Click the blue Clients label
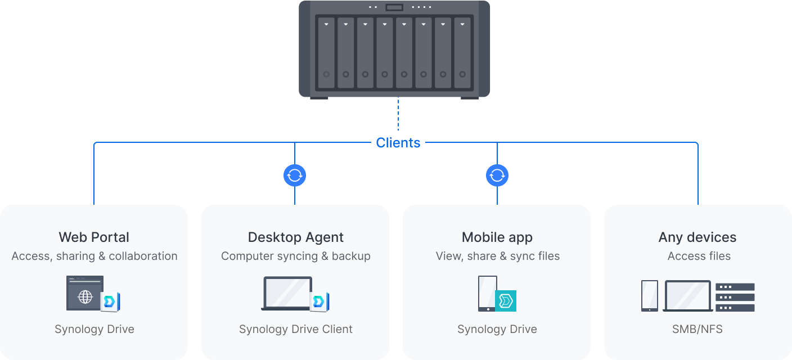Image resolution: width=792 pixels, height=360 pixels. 398,143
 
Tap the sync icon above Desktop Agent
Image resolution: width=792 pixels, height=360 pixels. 295,176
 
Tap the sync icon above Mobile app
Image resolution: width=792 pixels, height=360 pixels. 497,176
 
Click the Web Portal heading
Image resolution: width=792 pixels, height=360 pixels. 94,237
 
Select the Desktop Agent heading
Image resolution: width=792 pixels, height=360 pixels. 295,237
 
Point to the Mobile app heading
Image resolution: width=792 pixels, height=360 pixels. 497,237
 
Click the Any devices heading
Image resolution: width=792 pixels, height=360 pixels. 697,237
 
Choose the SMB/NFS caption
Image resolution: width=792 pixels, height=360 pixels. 697,329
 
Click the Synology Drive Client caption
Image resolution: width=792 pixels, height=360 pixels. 295,329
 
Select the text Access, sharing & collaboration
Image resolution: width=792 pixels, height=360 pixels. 94,256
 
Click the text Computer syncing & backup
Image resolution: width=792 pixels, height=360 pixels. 295,256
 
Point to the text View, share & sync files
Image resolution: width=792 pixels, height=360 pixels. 497,256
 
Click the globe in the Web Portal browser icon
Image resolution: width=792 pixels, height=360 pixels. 85,296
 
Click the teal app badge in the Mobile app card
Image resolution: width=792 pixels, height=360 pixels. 506,301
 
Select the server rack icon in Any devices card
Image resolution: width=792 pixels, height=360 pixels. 735,297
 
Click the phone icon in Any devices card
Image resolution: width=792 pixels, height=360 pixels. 649,295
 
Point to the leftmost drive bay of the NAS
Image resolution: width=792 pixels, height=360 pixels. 326,53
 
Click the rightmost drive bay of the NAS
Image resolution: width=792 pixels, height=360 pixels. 462,53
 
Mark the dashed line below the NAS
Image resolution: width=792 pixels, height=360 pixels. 398,115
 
